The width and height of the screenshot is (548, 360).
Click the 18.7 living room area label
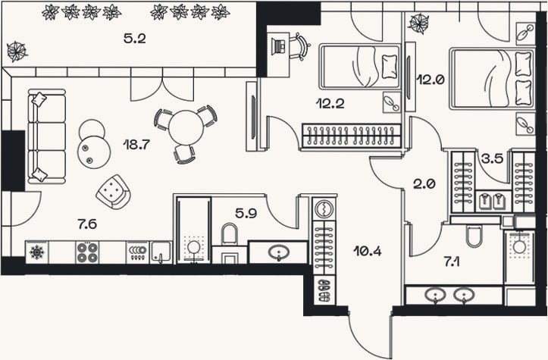(136, 144)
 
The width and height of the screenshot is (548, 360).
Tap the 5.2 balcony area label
(135, 39)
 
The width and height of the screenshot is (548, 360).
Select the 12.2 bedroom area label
(330, 104)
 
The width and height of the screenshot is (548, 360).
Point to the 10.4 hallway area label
(368, 251)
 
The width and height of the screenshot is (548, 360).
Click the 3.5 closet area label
(492, 158)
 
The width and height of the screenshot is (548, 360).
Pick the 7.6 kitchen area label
(87, 224)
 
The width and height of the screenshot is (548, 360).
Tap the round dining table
(186, 127)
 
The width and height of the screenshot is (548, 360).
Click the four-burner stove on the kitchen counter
(87, 252)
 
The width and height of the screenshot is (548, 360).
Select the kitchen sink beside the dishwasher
(161, 252)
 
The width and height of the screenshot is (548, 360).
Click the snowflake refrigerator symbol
(36, 252)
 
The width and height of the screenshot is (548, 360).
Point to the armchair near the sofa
(114, 192)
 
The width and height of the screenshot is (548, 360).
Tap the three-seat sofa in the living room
(47, 136)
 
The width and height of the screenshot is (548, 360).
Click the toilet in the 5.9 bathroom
(229, 234)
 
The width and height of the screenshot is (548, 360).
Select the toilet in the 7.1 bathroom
(474, 236)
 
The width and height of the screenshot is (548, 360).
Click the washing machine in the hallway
(324, 208)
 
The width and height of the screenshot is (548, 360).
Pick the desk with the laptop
(278, 55)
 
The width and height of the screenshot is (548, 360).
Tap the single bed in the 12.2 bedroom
(360, 67)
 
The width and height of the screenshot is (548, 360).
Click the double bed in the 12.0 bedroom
(492, 79)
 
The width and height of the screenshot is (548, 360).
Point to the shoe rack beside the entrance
(324, 290)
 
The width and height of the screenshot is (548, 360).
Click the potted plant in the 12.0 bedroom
(419, 23)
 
